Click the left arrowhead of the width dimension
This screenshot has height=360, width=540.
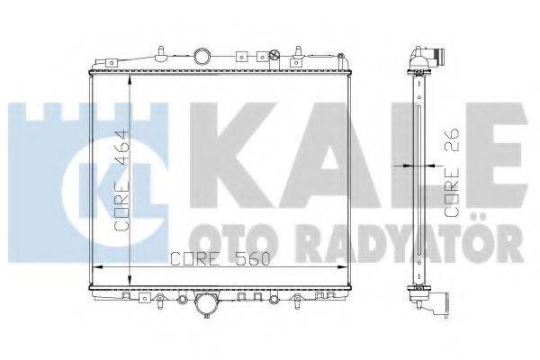tap(97, 268)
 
